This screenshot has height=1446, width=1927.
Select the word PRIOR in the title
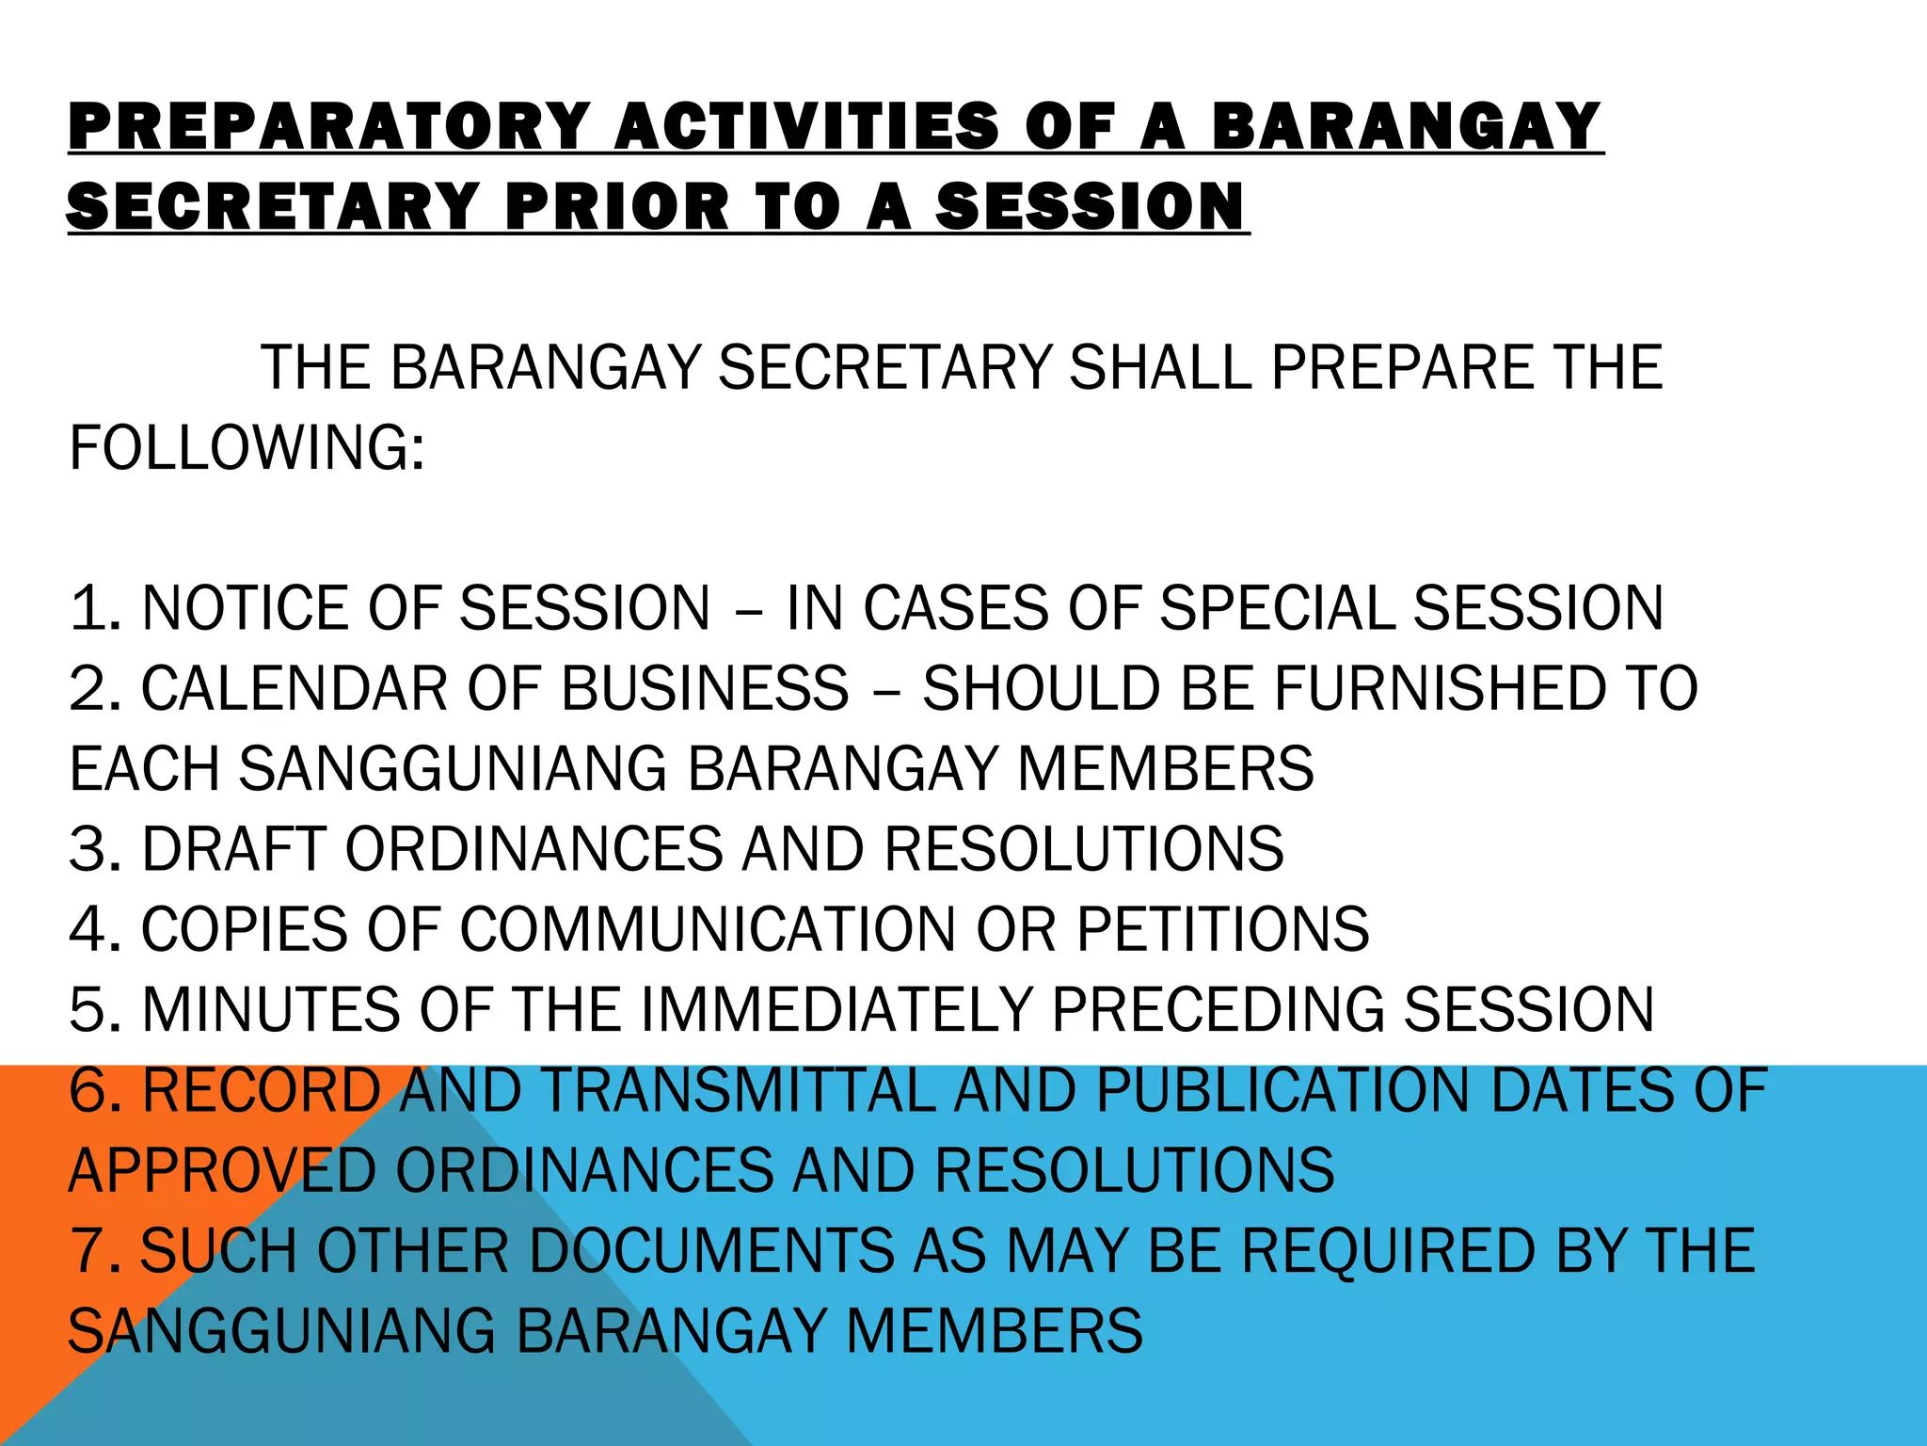pyautogui.click(x=616, y=206)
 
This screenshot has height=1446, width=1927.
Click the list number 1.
pyautogui.click(x=94, y=608)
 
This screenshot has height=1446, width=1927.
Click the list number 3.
pyautogui.click(x=94, y=849)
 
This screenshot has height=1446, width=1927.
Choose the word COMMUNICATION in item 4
pyautogui.click(x=708, y=930)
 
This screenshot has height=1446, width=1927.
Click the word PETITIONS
pyautogui.click(x=1222, y=930)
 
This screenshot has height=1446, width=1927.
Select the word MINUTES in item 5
pyautogui.click(x=270, y=1010)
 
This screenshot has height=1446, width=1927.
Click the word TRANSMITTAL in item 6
pyautogui.click(x=739, y=1091)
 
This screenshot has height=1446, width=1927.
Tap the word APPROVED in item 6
pyautogui.click(x=222, y=1171)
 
